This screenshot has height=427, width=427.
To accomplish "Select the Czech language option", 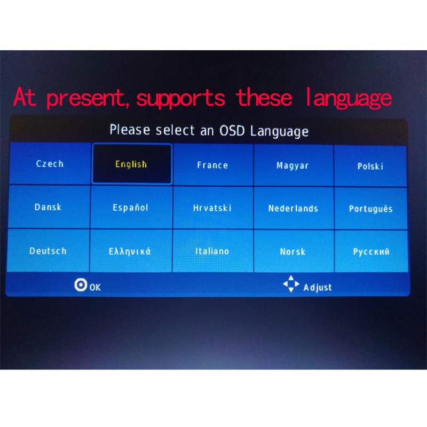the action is pos(50,164).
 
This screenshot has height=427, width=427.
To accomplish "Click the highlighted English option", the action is pos(132,164).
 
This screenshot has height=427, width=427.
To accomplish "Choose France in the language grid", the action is pos(212,165).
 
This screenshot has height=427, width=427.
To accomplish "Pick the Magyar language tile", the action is pos(293,165).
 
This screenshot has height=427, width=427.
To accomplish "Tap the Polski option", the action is pos(370,166).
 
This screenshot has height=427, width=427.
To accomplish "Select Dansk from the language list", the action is pos(49,207).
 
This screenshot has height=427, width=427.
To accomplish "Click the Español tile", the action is pos(131,208).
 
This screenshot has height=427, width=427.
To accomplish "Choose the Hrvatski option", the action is pos(212,208).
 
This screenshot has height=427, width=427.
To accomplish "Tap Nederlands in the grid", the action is pos(293,209).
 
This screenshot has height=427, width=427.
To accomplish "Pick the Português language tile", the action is pos(371,209).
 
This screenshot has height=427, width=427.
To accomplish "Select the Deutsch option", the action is pos(48,251).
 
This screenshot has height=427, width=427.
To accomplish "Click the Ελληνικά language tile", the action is pos(130,251).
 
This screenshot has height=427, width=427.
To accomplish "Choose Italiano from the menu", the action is pos(212,251).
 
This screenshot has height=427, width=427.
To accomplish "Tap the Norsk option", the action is pos(293,252).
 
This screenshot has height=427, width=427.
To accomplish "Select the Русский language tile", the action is pos(371,252).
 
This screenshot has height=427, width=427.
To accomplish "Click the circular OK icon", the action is pos(81,285).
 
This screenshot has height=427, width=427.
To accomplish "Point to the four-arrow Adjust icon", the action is pos(291,284).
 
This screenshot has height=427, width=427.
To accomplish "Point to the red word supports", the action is pos(180,99).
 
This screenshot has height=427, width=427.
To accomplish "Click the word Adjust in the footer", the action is pos(318,288).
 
